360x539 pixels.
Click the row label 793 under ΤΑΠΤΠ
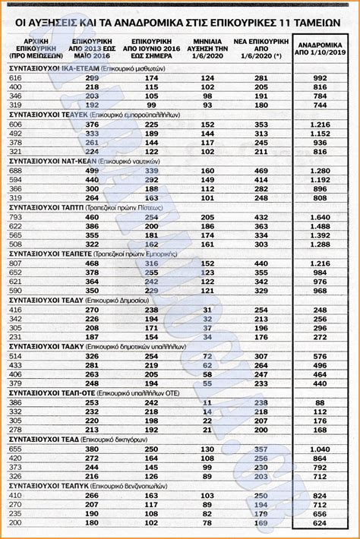click(x=15, y=217)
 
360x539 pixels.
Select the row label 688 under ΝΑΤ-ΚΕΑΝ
click(x=15, y=171)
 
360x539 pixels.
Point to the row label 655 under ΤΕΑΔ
click(x=15, y=449)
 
